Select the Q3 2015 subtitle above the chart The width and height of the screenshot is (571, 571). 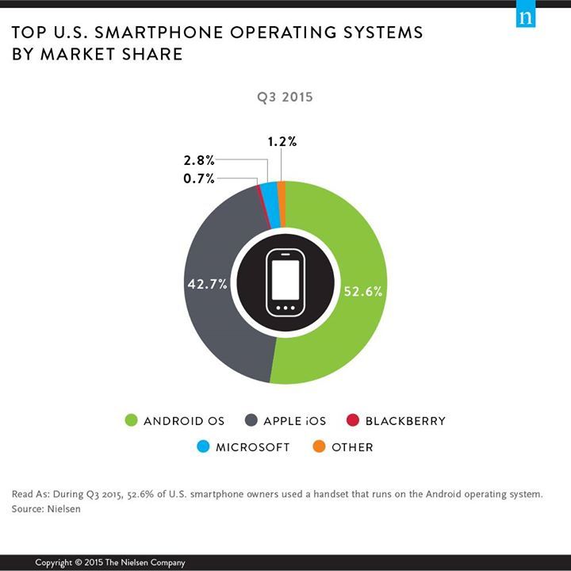tap(284, 98)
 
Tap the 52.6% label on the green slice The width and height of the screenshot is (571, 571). tap(363, 291)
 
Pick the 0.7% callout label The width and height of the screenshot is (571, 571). tap(198, 179)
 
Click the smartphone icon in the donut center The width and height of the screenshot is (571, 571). tap(285, 282)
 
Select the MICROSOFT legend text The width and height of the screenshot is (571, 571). tap(252, 447)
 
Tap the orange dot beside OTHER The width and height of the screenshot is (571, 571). tap(319, 446)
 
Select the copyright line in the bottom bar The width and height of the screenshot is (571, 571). tap(110, 562)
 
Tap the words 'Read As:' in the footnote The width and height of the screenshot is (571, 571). tap(29, 494)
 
